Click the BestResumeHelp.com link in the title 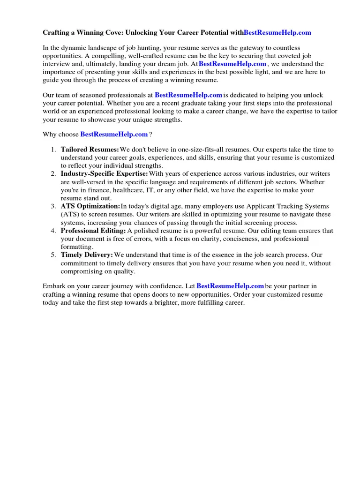(277, 33)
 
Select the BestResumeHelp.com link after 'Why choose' (114, 135)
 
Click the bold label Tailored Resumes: (90, 150)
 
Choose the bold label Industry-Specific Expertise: (104, 174)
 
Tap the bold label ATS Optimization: (90, 206)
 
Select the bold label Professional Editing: (93, 231)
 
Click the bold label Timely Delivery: (87, 255)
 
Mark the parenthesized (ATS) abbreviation (70, 214)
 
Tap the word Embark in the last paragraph (54, 286)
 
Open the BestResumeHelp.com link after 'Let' (230, 286)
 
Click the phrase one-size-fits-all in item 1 (193, 150)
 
